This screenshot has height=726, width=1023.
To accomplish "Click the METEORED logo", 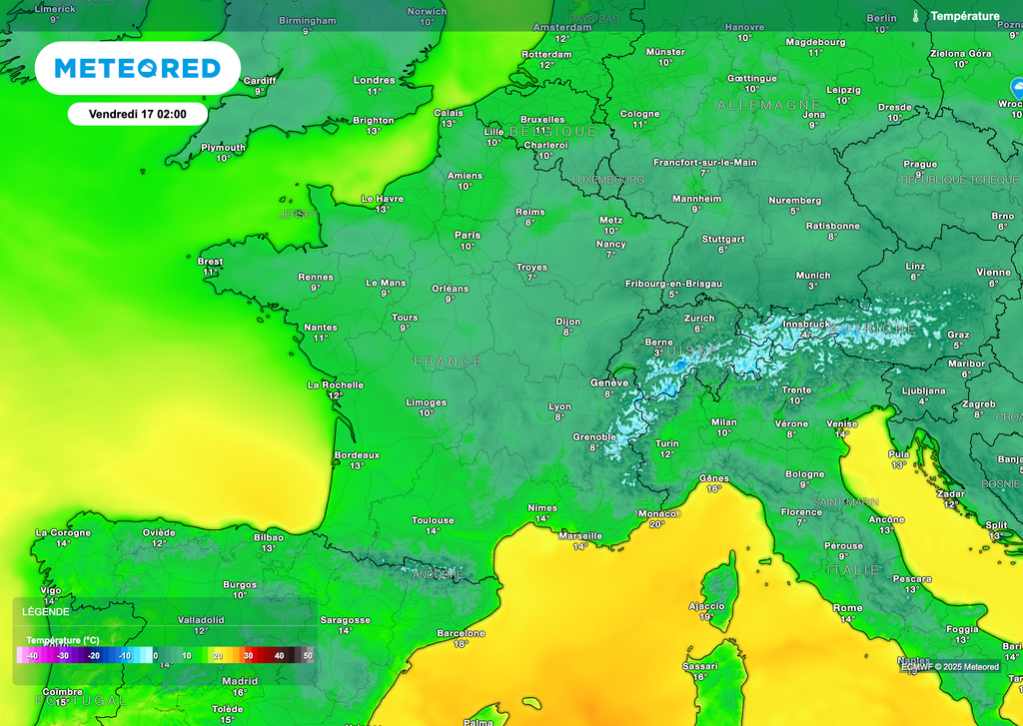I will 137,68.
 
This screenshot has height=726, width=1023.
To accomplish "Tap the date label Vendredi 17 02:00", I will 138,114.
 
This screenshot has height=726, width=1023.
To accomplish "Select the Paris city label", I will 468,236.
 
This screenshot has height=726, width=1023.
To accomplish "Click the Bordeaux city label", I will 357,454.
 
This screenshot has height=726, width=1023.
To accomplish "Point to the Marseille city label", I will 580,535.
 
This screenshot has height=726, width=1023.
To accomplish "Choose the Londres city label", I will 375,80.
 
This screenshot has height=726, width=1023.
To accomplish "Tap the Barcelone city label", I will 461,633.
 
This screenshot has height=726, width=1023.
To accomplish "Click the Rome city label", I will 847,608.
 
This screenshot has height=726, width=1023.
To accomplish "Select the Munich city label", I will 812,276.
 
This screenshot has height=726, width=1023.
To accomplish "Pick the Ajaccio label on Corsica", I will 706,606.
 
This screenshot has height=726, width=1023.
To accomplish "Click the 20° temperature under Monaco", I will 656,524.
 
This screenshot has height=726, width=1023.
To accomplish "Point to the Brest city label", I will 210,262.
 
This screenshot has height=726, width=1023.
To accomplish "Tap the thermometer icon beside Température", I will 915,16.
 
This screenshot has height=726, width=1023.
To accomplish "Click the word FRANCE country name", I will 448,362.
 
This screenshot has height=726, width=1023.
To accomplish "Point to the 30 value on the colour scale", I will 249,656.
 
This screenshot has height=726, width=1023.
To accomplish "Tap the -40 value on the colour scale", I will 31,656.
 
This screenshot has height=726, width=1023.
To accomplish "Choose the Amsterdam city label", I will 562,27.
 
